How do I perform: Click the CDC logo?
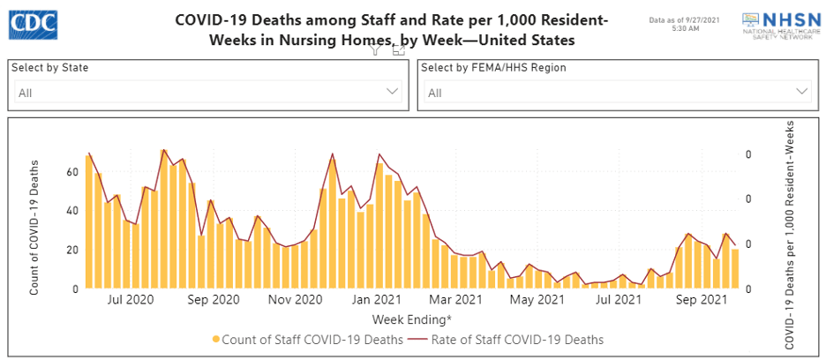point(33,25)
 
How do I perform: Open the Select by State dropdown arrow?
point(393,91)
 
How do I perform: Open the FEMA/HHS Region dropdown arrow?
point(802,91)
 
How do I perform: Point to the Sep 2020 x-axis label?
point(214,300)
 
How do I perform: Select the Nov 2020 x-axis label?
point(295,300)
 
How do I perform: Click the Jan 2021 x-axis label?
point(378,300)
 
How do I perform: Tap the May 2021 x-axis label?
point(537,300)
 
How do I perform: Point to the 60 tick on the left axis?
point(73,171)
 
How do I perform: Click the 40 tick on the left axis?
point(73,211)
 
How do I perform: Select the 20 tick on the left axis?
point(73,250)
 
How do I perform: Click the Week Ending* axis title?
point(412,319)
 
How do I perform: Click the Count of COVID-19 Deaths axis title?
point(34,227)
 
